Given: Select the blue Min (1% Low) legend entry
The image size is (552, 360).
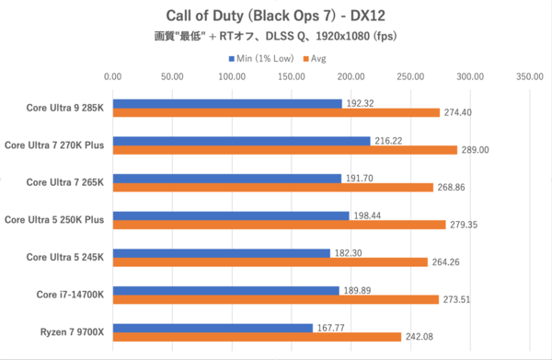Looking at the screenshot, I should [x=259, y=58].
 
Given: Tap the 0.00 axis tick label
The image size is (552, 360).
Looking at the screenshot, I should [x=112, y=77].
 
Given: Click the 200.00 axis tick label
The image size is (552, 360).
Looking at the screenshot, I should [x=351, y=77].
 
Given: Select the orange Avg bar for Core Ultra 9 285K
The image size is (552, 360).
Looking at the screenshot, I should [x=276, y=112].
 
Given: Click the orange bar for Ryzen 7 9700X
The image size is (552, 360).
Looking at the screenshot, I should [x=257, y=336].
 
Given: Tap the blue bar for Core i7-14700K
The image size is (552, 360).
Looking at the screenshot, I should [x=225, y=290].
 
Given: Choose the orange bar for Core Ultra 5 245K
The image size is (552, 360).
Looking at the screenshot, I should [x=270, y=261].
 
